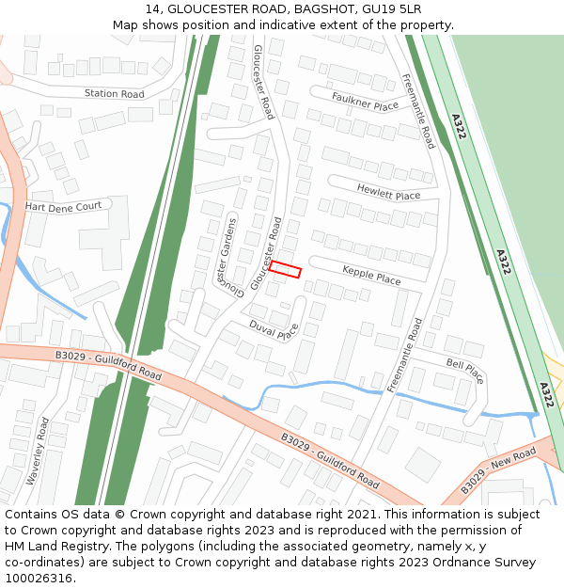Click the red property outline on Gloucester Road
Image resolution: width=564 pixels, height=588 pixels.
coord(285,270)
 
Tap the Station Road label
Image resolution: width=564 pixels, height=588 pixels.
coord(115,94)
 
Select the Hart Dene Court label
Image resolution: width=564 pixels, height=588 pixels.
coord(63,206)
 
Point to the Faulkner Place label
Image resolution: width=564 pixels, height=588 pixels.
coord(365,101)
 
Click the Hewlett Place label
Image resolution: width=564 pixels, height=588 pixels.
coord(388,192)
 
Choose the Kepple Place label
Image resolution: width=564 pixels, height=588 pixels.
coord(371,275)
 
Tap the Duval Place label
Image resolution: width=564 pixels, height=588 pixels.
coord(274,328)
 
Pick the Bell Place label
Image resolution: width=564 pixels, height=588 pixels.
coord(465,370)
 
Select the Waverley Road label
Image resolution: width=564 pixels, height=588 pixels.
coord(37,451)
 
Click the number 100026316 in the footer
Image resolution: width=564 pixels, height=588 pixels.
coord(36,579)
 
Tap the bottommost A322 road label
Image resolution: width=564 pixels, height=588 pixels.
coord(546,393)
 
